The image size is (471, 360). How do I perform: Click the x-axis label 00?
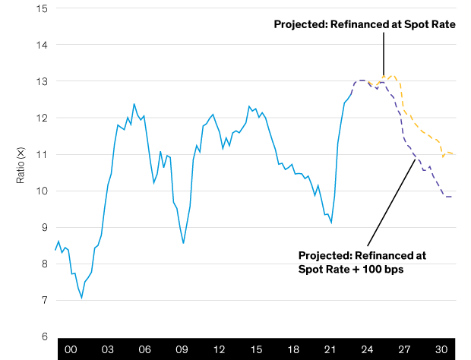pyautogui.click(x=71, y=350)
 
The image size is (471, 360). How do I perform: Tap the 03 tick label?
pyautogui.click(x=108, y=350)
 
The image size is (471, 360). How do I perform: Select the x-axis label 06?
pyautogui.click(x=145, y=350)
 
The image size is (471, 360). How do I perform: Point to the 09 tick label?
pyautogui.click(x=182, y=350)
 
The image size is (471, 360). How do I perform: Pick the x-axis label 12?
pyautogui.click(x=219, y=350)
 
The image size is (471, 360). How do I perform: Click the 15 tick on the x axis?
pyautogui.click(x=256, y=350)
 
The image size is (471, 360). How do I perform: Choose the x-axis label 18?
pyautogui.click(x=293, y=350)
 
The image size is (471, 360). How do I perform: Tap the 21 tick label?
pyautogui.click(x=330, y=350)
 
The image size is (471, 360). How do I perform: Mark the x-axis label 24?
pyautogui.click(x=367, y=350)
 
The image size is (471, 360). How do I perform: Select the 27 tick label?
pyautogui.click(x=404, y=350)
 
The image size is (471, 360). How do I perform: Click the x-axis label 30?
pyautogui.click(x=441, y=350)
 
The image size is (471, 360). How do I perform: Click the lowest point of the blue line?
pyautogui.click(x=81, y=299)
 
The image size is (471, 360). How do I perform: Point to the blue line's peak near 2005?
pyautogui.click(x=134, y=104)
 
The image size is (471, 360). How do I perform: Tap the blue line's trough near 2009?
pyautogui.click(x=183, y=243)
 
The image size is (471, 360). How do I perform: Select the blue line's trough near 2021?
pyautogui.click(x=331, y=223)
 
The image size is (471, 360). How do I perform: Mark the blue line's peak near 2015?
pyautogui.click(x=249, y=106)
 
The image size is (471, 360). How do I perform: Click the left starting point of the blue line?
pyautogui.click(x=55, y=249)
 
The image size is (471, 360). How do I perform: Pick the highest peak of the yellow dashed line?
pyautogui.click(x=392, y=75)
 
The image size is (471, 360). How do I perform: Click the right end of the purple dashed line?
pyautogui.click(x=453, y=197)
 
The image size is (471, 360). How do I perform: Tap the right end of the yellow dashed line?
pyautogui.click(x=455, y=155)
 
